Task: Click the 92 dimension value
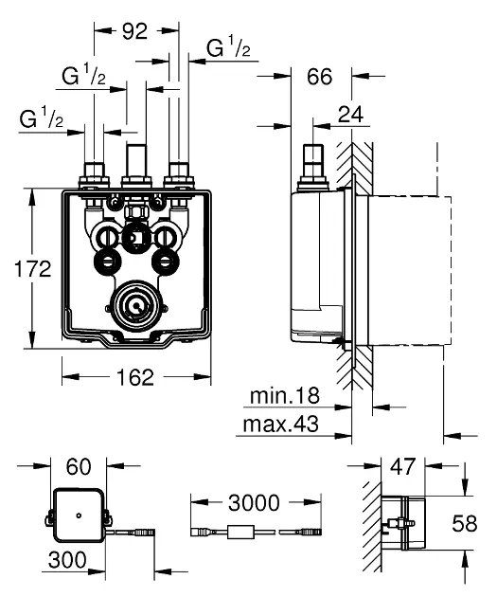(x=134, y=31)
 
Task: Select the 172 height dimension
(x=33, y=269)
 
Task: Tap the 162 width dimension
(x=135, y=377)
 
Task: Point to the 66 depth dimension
(x=319, y=77)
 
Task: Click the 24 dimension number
(x=350, y=115)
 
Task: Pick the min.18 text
(x=285, y=396)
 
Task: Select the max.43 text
(x=280, y=424)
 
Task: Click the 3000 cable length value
(x=254, y=503)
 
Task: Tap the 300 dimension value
(x=67, y=560)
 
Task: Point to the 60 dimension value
(x=79, y=466)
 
